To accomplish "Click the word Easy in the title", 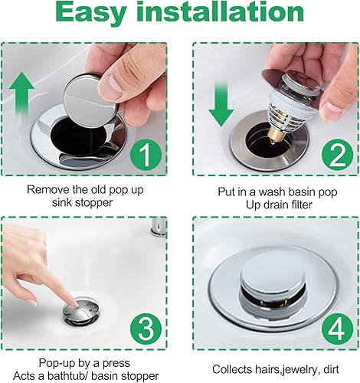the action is coord(91,13).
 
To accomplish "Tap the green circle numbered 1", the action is coord(146,154).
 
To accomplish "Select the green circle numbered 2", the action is coord(338,155).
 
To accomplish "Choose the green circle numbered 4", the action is coord(338,329).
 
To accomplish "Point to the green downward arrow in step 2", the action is coord(221,103).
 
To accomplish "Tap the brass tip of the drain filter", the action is coord(274,138).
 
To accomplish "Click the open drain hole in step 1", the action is coord(79,136).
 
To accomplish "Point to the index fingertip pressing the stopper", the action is coord(74,303).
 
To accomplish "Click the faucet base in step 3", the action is coord(158,228).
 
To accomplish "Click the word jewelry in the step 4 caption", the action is coord(293,370).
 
